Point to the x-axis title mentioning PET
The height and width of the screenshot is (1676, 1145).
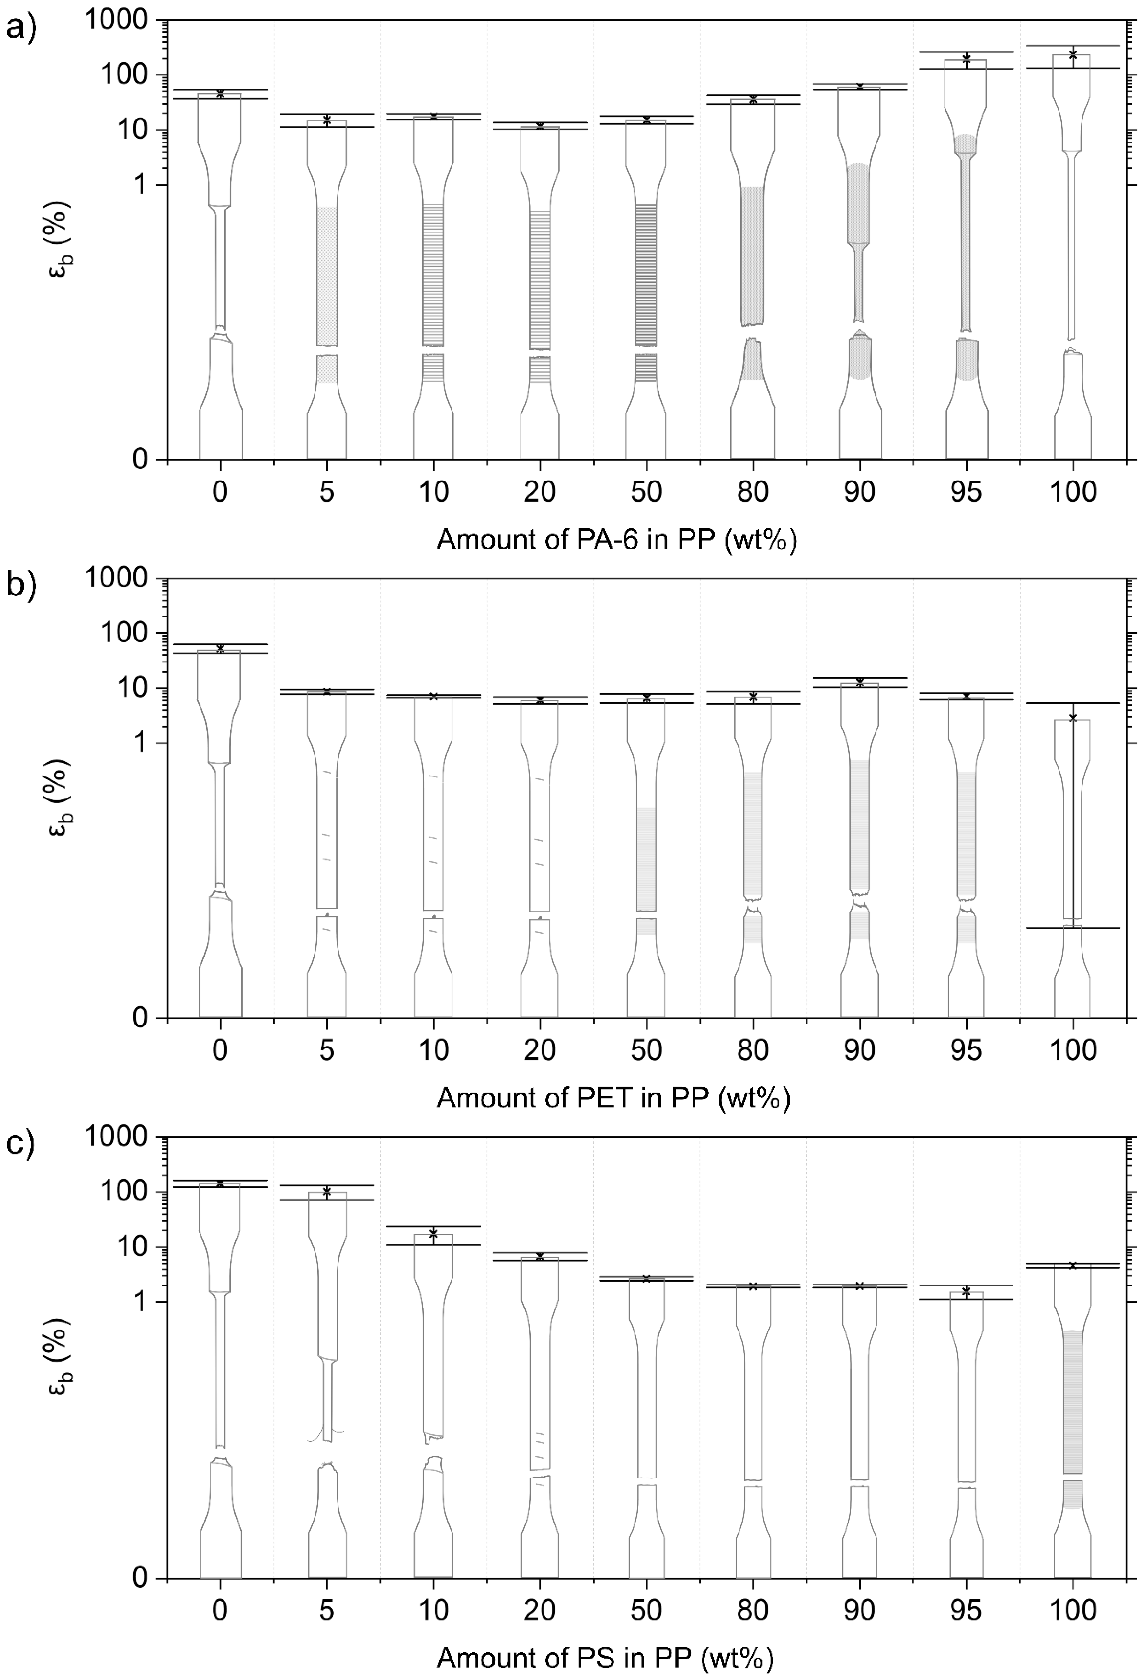pos(613,1098)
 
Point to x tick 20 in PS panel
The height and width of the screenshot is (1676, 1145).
pos(540,1610)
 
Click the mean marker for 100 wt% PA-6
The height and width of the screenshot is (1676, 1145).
pos(1073,54)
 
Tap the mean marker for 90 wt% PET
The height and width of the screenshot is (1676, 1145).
pos(859,682)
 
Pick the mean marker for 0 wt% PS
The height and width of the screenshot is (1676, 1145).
pos(220,1183)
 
